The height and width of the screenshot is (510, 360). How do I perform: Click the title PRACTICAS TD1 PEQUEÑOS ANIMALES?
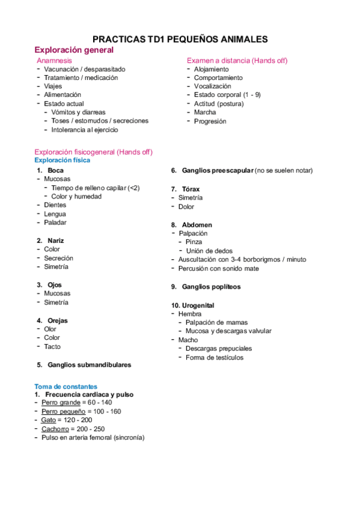[180, 39]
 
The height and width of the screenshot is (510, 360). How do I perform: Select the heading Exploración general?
[74, 50]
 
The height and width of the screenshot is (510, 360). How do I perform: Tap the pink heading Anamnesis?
[54, 61]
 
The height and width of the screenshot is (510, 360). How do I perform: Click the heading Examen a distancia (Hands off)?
[237, 61]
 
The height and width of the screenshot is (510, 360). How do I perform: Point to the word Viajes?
[53, 86]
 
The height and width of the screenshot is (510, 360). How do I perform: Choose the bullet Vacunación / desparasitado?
[84, 69]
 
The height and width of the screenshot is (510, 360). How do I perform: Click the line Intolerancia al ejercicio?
[85, 129]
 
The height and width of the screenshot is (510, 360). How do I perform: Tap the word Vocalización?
[212, 86]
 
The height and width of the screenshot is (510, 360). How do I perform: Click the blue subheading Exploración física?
[63, 161]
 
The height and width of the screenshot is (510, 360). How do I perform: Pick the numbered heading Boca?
[55, 170]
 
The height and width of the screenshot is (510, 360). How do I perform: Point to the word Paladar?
[55, 223]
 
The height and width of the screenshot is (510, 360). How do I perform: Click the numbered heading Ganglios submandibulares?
[89, 364]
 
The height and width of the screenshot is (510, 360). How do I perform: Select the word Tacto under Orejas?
[52, 346]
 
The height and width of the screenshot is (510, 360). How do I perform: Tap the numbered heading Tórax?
[191, 189]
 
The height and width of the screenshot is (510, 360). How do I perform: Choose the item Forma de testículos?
[215, 357]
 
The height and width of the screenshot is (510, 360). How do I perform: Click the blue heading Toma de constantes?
[66, 386]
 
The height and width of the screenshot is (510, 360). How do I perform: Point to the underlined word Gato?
[49, 420]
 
